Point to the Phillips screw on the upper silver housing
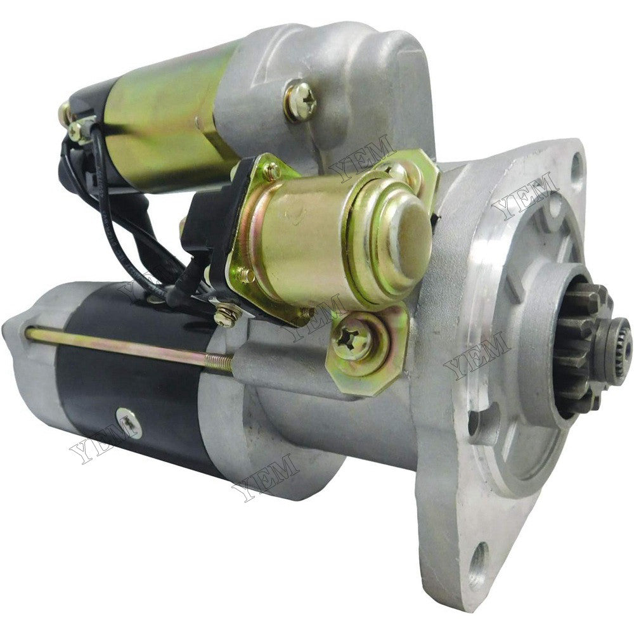[301, 101]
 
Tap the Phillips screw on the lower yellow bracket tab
[353, 339]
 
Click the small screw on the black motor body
[129, 423]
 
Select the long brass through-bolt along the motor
[129, 344]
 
